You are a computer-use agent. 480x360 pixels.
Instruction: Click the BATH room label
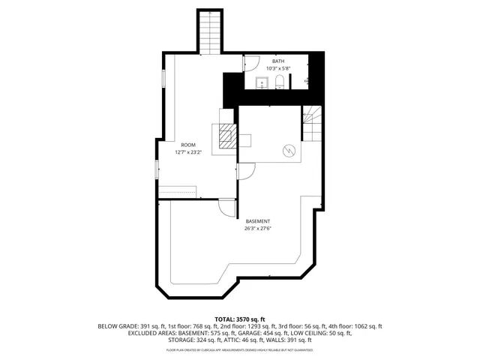(278, 61)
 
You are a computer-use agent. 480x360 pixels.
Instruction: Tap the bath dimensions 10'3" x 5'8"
(278, 68)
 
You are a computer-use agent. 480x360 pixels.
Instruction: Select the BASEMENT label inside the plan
(257, 221)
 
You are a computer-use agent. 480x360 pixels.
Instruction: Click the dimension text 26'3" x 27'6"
(257, 229)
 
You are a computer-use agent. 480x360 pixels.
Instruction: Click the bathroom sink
(262, 82)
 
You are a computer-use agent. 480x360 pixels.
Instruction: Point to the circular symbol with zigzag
(289, 151)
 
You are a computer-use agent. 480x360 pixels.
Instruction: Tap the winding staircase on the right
(311, 123)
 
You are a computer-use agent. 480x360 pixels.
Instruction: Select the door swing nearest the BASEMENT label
(226, 207)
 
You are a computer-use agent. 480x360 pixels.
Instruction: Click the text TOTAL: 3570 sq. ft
(240, 319)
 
